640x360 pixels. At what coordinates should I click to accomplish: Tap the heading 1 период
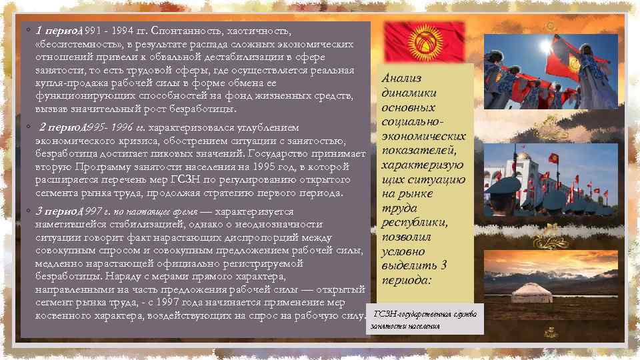pos(58,31)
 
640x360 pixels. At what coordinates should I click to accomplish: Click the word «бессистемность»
pos(73,44)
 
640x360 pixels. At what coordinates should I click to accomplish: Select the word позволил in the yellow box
pos(406,237)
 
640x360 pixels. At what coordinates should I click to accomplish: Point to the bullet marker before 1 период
pos(27,31)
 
